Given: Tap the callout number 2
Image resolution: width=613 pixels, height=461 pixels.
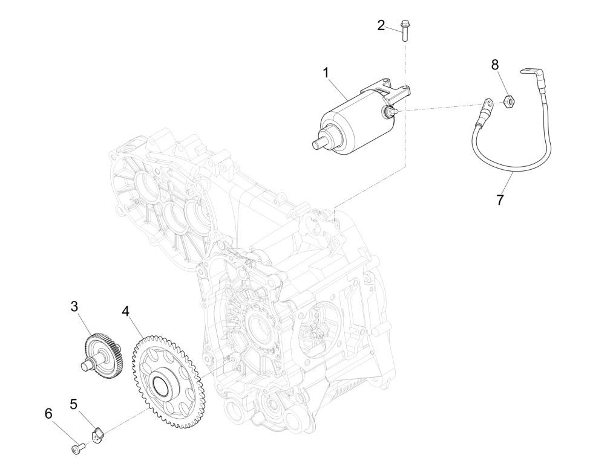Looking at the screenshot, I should click(381, 25).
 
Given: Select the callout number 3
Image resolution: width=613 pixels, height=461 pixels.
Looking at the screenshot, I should click(74, 306).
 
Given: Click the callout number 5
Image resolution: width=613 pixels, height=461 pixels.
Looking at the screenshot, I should click(74, 404).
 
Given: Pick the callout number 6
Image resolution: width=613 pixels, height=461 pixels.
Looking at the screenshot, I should click(48, 414).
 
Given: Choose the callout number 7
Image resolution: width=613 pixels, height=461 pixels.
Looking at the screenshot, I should click(500, 200).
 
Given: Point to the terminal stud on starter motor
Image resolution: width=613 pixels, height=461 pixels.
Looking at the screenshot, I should click(387, 112).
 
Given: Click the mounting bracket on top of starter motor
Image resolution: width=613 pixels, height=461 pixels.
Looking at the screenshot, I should click(390, 89).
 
